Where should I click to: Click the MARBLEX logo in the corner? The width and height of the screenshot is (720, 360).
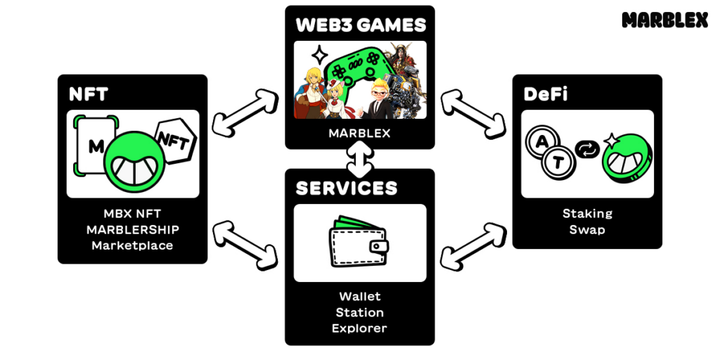(664, 20)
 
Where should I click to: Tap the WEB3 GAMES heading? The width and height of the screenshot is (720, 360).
(360, 25)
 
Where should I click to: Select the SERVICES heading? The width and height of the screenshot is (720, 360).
(346, 188)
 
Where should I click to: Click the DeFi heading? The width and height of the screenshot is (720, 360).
(546, 94)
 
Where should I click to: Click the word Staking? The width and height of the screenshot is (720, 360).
(587, 214)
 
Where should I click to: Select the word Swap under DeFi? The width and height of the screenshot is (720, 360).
(587, 229)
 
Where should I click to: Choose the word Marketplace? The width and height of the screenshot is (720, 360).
(132, 245)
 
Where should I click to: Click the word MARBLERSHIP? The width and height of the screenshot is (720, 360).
(132, 230)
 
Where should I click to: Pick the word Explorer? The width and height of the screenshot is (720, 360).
(359, 328)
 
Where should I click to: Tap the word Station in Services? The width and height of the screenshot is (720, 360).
(359, 312)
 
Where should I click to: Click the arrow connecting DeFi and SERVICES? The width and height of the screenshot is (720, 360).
(473, 246)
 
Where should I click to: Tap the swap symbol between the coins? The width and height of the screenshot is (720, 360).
(586, 149)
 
